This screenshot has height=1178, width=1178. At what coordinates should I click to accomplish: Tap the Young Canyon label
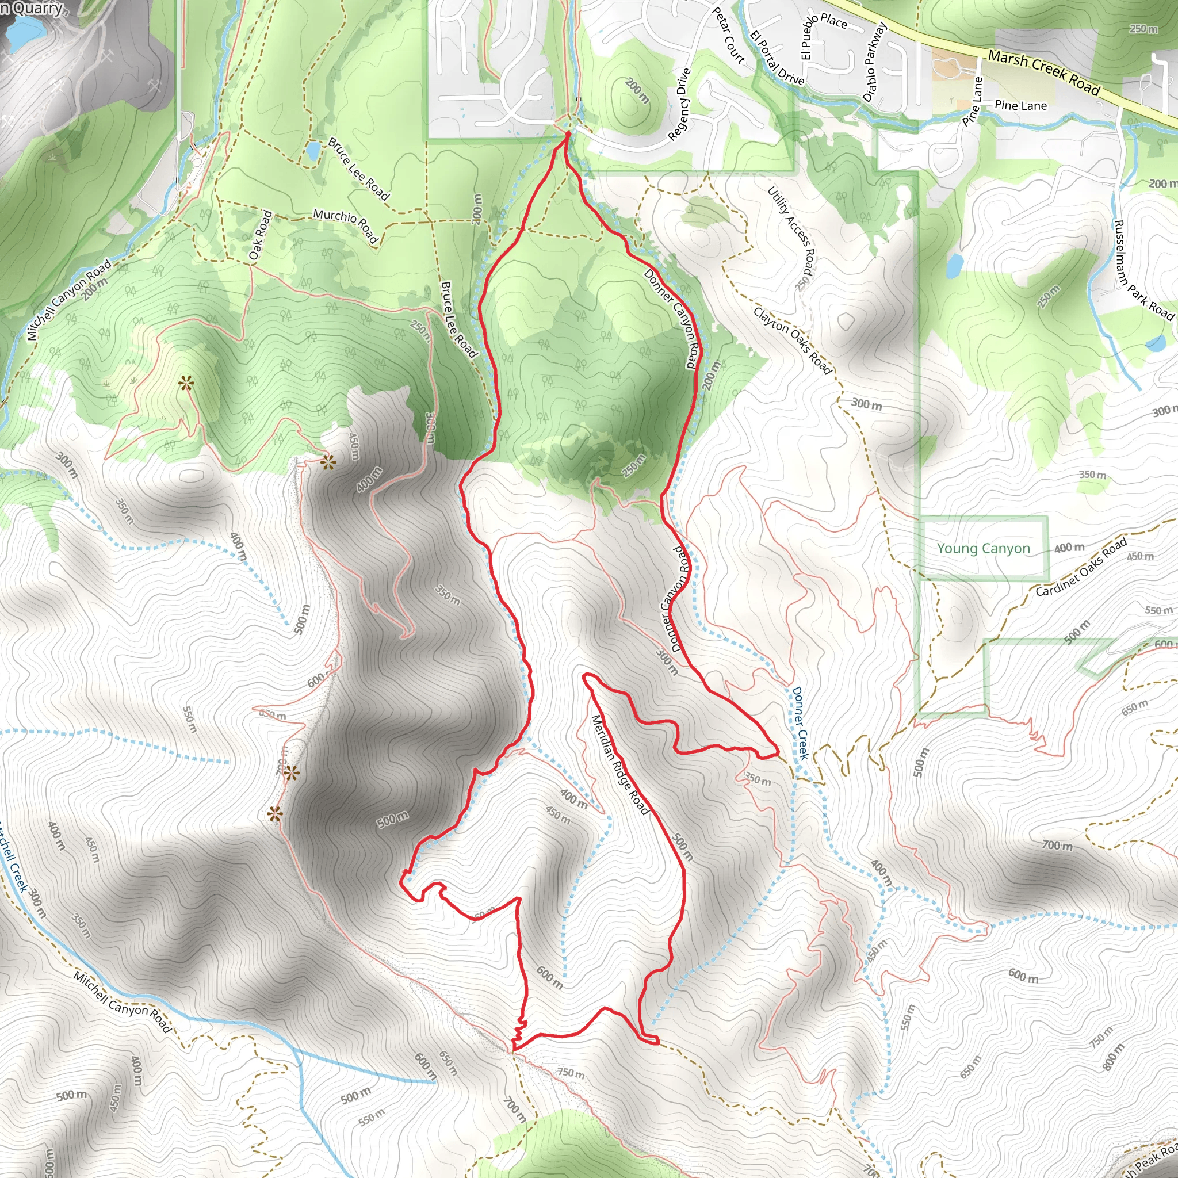(983, 548)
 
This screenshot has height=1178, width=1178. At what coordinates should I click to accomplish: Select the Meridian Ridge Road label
(620, 764)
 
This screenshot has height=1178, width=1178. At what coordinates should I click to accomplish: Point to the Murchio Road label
(346, 225)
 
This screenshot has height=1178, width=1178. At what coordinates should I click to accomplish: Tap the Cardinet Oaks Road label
(1081, 568)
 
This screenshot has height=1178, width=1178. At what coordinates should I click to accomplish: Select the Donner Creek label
(800, 723)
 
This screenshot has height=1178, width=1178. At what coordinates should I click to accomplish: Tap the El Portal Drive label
(777, 58)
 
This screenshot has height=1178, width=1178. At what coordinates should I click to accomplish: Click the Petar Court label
(729, 35)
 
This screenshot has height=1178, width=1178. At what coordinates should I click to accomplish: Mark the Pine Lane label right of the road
(1020, 105)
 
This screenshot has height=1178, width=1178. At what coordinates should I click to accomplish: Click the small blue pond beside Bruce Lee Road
(313, 150)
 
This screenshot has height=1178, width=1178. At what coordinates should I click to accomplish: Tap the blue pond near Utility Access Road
(955, 265)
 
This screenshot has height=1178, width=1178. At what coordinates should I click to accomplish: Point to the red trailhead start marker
(567, 133)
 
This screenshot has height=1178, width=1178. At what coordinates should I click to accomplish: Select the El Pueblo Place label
(824, 32)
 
